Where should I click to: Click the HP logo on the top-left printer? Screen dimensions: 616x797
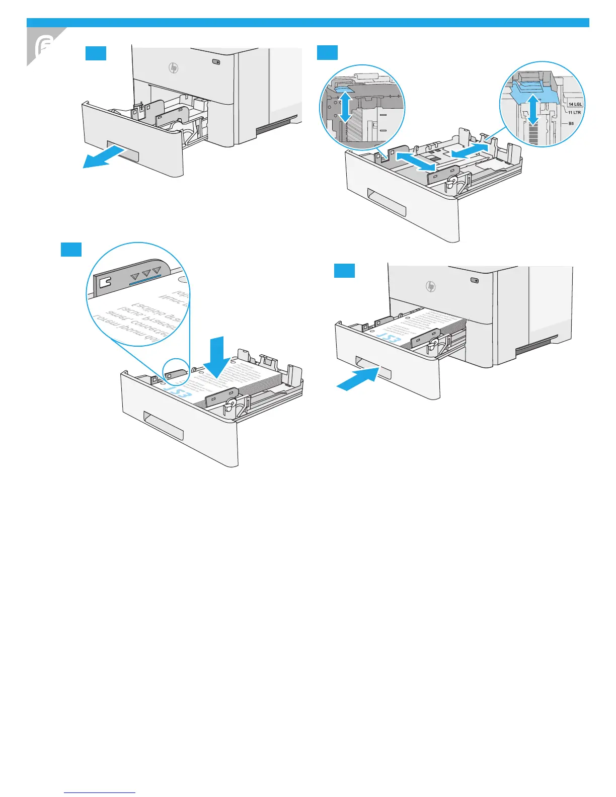[174, 68]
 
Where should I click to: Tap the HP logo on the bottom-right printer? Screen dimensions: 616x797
[431, 286]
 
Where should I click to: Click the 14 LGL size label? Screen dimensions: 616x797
[575, 104]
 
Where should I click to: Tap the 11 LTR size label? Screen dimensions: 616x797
[574, 112]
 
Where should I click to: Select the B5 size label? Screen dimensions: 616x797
[571, 123]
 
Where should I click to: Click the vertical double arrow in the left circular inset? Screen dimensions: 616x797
[345, 104]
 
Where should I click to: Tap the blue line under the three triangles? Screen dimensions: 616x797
[145, 280]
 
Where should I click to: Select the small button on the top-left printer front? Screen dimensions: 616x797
[216, 62]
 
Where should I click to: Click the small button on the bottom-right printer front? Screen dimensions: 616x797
[474, 280]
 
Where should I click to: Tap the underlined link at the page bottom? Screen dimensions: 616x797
[100, 792]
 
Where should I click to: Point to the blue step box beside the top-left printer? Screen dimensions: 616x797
[96, 53]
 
